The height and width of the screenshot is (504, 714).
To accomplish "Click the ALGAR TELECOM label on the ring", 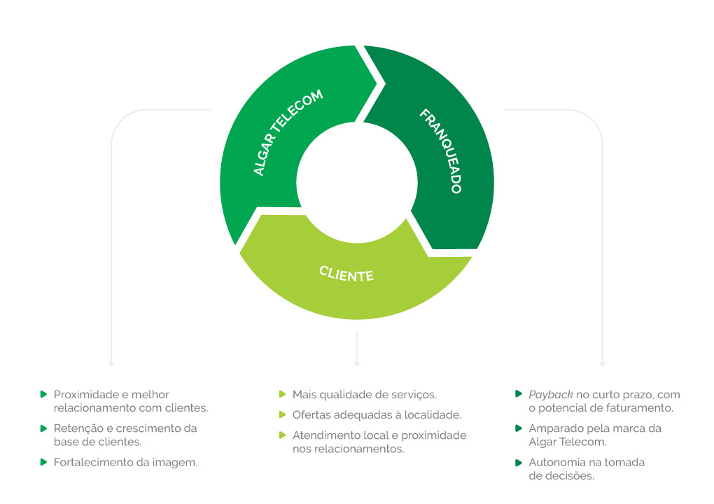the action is click(x=288, y=132).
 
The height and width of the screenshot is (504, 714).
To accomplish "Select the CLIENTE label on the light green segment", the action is click(x=346, y=274).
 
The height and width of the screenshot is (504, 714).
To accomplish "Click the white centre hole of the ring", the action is click(x=357, y=182).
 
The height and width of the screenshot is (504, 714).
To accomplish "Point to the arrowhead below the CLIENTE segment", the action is click(x=357, y=363).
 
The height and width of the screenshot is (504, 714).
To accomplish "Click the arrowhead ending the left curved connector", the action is click(x=111, y=363).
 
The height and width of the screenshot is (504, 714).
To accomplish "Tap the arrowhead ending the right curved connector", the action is click(x=603, y=363).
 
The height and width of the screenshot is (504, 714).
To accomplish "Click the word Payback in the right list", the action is click(x=550, y=395).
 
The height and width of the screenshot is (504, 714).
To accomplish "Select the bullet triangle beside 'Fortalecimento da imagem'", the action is click(x=43, y=462).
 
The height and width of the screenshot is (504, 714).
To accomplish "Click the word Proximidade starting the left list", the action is click(x=82, y=394).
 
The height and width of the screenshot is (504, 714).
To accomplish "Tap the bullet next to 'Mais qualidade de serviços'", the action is click(x=282, y=394).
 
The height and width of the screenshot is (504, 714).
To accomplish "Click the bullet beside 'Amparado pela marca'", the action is click(x=518, y=428).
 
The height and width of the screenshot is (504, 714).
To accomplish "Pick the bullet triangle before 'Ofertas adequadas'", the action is click(x=282, y=415).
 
